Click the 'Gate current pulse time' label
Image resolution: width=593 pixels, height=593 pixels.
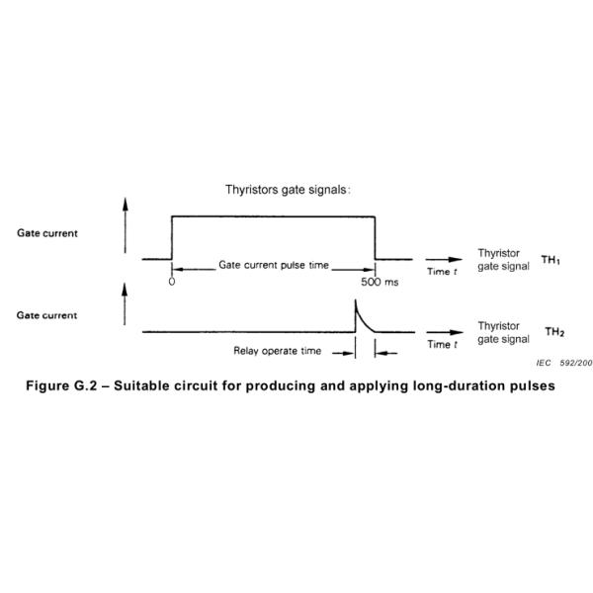(x=274, y=266)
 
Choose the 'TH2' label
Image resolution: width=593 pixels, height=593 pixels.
(x=555, y=332)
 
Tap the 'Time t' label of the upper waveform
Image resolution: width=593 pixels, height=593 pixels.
(x=442, y=272)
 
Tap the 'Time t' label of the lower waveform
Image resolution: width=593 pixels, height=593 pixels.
(x=442, y=345)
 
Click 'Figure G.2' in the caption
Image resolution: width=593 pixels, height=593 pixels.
(x=61, y=384)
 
